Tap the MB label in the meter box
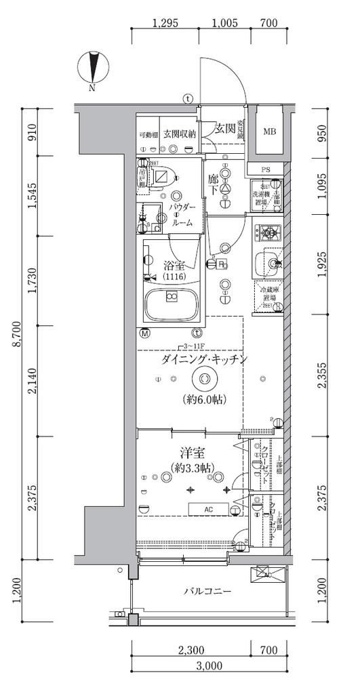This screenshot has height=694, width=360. [x=270, y=131]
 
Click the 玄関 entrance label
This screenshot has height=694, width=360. [x=224, y=128]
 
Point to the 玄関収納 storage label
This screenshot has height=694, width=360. [x=179, y=134]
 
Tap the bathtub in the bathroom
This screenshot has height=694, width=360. [x=171, y=299]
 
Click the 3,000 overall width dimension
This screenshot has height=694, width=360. [x=210, y=665]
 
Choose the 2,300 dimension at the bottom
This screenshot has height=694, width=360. [x=191, y=650]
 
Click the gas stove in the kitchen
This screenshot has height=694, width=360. [x=269, y=234]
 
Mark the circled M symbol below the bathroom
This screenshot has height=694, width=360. [x=144, y=333]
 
